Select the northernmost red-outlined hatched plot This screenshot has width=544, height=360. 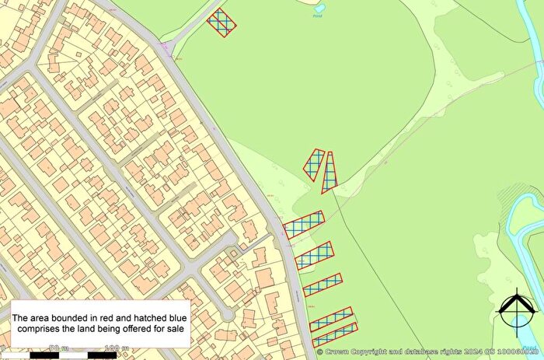[x=222, y=22]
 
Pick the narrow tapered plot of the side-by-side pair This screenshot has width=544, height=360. [x=330, y=170]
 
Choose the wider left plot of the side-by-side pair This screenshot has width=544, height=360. [x=313, y=165]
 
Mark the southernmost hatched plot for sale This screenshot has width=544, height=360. [x=334, y=334]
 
